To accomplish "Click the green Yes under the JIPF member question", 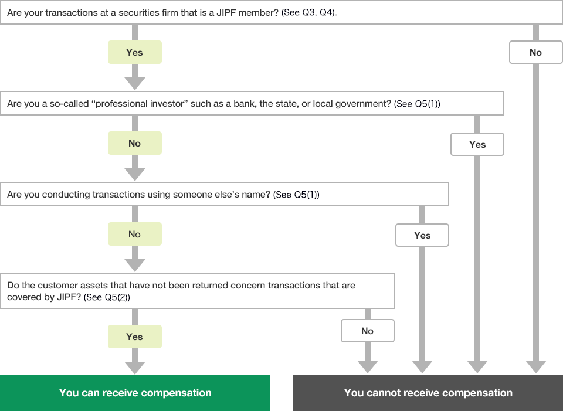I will tap(134, 52).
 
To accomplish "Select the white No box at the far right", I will tap(535, 52).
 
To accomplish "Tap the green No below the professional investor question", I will tap(134, 143).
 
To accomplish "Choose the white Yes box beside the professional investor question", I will tap(477, 144).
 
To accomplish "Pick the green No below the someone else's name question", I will tap(134, 234).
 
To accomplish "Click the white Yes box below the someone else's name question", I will tap(422, 235).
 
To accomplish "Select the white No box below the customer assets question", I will tap(367, 331).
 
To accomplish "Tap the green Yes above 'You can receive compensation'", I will tap(134, 337).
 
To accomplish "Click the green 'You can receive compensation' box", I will tap(135, 393).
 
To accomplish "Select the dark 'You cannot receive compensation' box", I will tap(428, 393).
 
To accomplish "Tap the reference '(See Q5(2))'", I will tap(107, 297).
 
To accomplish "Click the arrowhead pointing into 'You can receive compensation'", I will tap(135, 368).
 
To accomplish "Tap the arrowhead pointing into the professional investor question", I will tap(135, 84).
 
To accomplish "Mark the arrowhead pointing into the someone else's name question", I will tap(135, 175).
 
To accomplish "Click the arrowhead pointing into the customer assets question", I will tap(135, 266).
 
